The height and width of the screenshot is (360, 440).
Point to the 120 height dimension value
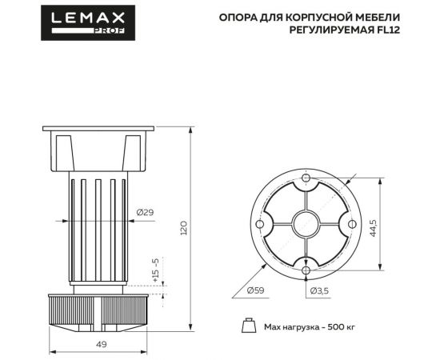pos(184,229)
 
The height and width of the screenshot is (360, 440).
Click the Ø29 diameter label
pos(146,212)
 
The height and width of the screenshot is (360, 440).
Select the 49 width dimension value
pos(102,343)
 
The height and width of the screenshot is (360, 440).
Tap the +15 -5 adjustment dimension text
pos(157,272)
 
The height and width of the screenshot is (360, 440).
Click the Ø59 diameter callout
pos(257,290)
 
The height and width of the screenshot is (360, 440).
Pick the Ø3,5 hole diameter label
pos(318,290)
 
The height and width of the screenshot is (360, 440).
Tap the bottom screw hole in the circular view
pos(306,270)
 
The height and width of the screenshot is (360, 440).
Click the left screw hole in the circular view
pos(260,224)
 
